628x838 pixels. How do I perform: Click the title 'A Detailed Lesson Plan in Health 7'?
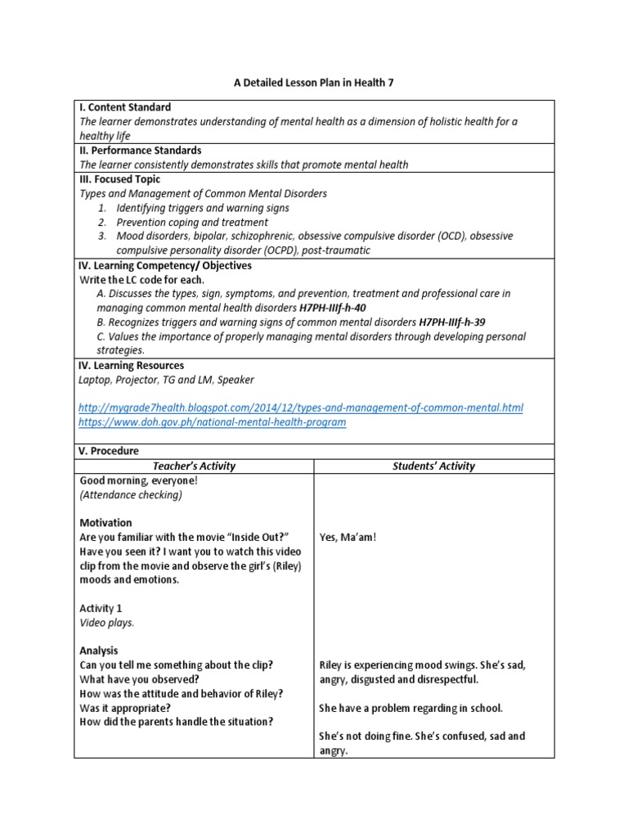click(315, 82)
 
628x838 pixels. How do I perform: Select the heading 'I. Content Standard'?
click(125, 107)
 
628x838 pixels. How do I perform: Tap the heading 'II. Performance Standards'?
click(140, 151)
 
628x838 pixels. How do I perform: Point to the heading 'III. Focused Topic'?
click(119, 179)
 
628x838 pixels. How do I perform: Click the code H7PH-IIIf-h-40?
click(332, 308)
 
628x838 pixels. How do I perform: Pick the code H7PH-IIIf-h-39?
click(451, 322)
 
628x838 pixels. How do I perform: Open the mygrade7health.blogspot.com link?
click(301, 408)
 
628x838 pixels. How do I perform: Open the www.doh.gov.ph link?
click(213, 422)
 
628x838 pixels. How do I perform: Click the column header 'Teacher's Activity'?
click(194, 466)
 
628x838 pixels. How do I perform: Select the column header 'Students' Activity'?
click(433, 466)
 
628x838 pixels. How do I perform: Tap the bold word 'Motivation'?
click(105, 522)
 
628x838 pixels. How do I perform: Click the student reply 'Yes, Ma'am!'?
click(348, 537)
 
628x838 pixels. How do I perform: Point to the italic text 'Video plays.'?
click(106, 623)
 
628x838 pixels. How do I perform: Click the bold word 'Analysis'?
click(99, 651)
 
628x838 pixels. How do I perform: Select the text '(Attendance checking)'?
click(131, 494)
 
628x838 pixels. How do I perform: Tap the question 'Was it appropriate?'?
click(125, 707)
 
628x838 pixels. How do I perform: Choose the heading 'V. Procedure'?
click(110, 451)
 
